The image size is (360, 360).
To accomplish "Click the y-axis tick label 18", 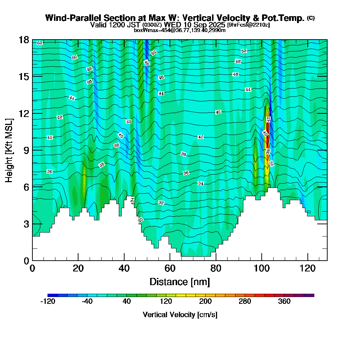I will point(23,40).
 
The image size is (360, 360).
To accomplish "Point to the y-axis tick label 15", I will point(23,76).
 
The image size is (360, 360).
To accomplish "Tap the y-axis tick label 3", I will point(26,224).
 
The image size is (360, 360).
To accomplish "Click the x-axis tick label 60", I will point(170,268).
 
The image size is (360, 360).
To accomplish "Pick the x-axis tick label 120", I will point(307,268).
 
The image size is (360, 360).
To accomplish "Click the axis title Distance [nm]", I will point(180,282).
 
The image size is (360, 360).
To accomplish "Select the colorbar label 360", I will point(284,302).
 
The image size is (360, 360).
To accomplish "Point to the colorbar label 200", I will point(205,302).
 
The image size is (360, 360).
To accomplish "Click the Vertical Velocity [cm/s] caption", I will point(180,315).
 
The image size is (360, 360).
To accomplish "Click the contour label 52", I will point(40,43).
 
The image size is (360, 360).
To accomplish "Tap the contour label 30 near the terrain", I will point(140,220).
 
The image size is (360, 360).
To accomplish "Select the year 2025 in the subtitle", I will point(216,25).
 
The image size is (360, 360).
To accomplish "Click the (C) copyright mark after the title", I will point(311,18).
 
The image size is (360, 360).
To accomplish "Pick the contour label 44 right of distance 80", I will point(248,89).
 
